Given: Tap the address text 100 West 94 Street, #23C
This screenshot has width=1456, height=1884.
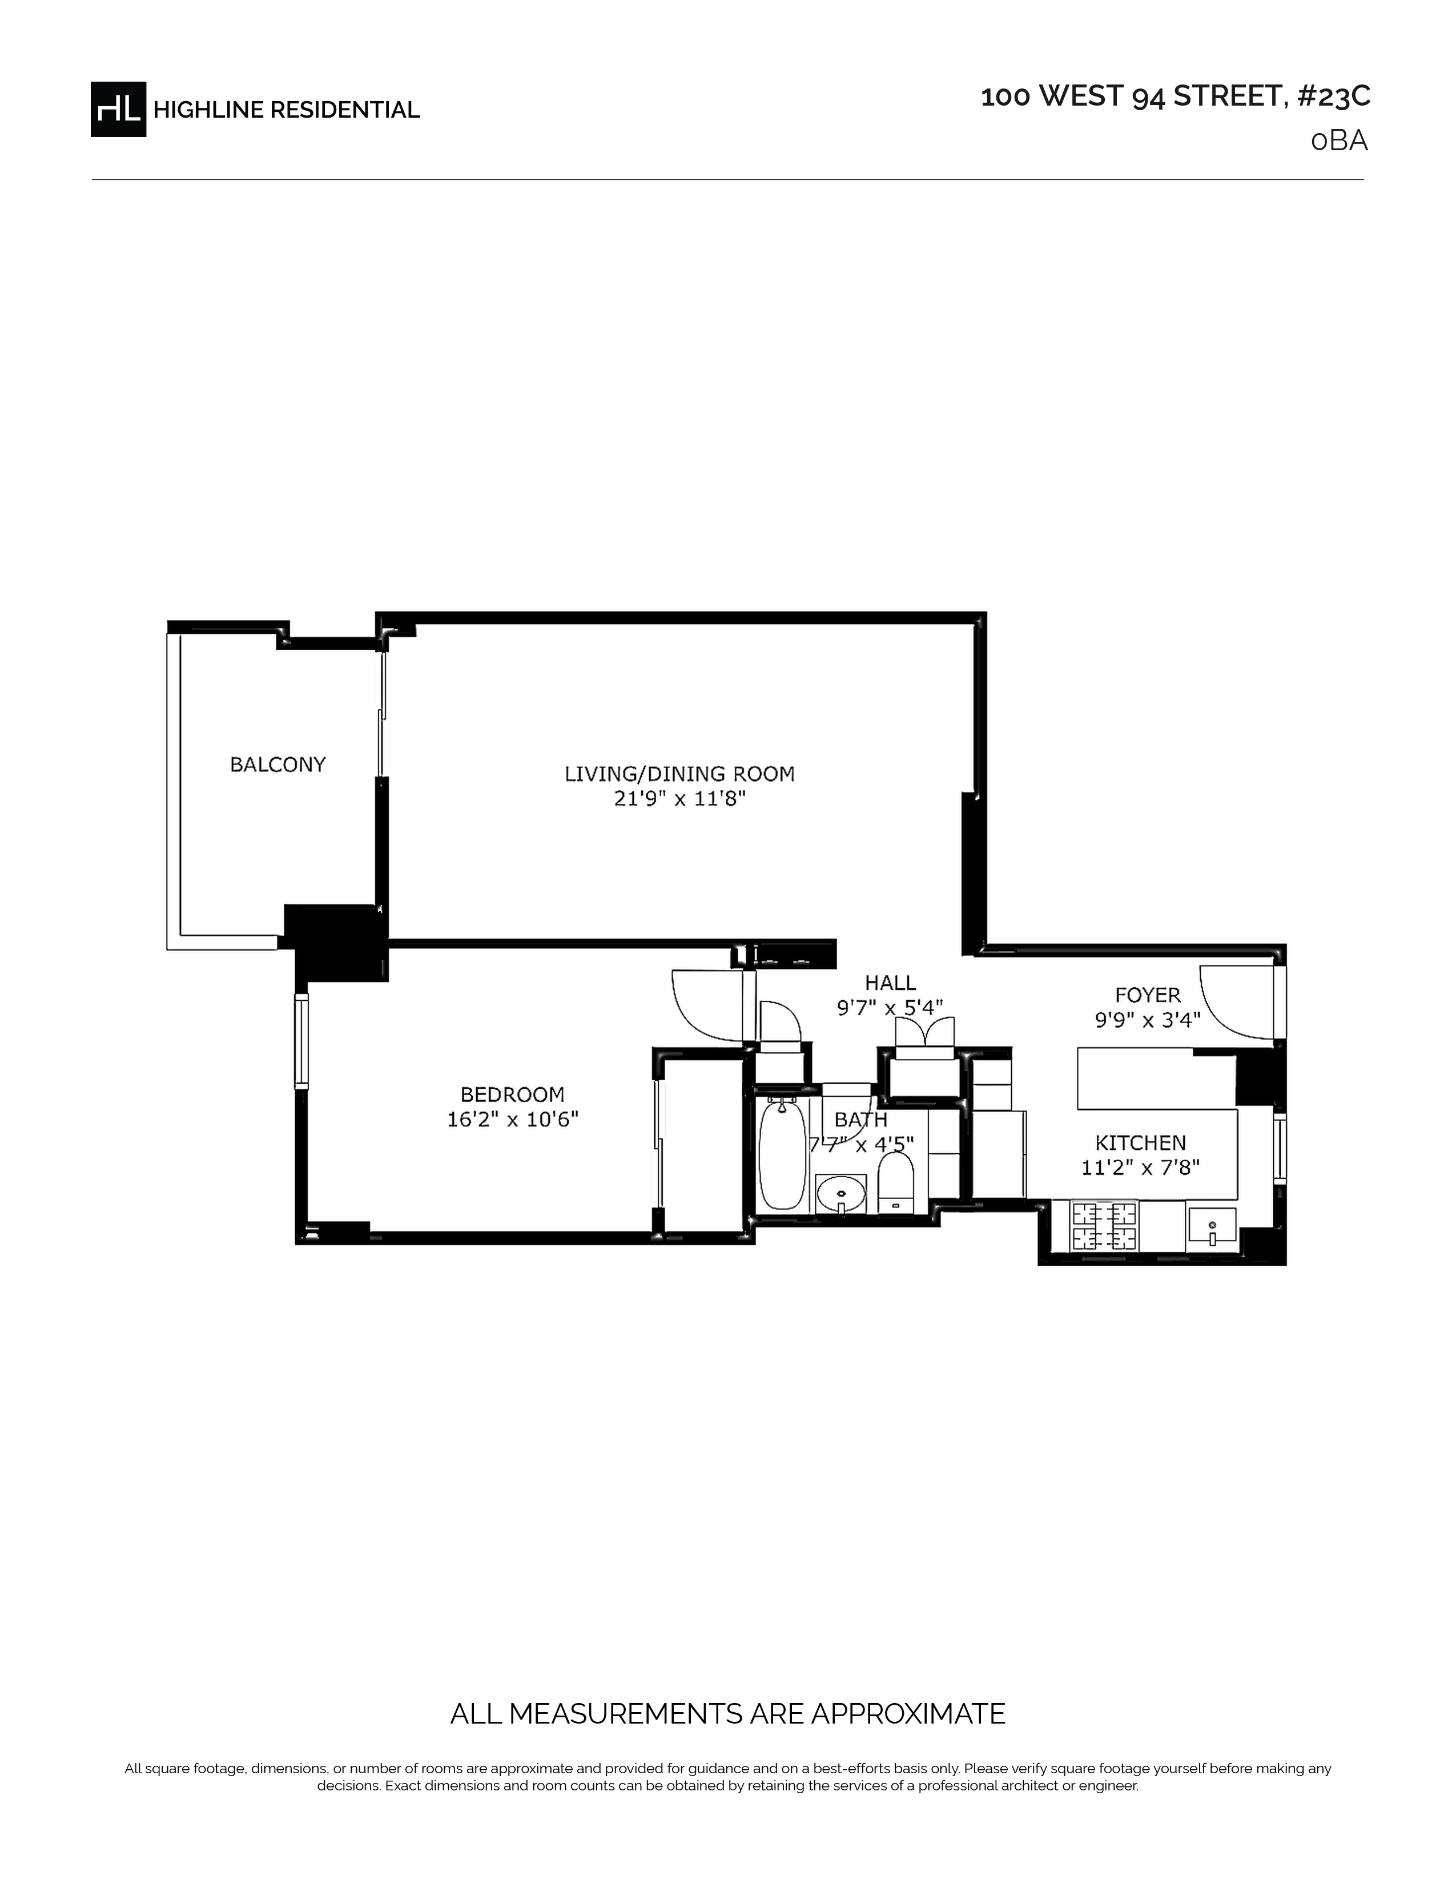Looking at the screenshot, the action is (1176, 96).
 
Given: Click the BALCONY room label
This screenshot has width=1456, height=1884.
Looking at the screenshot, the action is (277, 764).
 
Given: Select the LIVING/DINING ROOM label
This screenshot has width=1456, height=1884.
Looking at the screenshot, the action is (679, 774).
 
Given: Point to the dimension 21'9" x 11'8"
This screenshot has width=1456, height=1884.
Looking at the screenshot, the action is (679, 799).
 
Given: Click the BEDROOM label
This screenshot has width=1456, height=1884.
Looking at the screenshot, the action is (512, 1094).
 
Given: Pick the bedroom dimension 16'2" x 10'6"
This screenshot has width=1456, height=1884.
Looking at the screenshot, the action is (512, 1120).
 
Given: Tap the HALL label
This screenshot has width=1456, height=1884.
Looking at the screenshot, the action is (890, 983).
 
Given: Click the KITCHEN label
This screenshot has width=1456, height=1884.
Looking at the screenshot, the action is (1140, 1143).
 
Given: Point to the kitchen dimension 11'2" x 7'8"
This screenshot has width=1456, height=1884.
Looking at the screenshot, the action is (1140, 1168).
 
